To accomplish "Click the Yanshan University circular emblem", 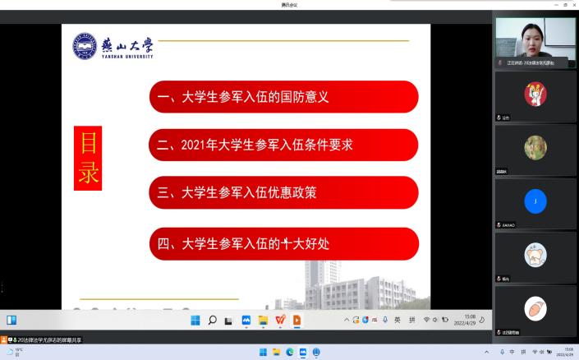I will [85, 47].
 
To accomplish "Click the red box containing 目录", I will [88, 158].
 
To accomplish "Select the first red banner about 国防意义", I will [283, 97].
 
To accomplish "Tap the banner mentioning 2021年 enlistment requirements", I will [283, 145].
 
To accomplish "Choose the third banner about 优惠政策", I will [283, 193].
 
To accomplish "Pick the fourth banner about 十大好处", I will [283, 243].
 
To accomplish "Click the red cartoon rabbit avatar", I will [535, 94].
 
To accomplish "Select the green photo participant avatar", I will [535, 147].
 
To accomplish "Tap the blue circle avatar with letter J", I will [535, 201].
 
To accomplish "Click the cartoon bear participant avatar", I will [535, 254].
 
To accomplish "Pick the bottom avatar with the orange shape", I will [535, 308].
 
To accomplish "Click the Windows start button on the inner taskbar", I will [195, 321].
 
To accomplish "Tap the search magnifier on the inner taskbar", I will [212, 321].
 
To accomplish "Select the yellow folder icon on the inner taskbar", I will [264, 321].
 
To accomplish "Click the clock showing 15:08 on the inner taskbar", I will [470, 321].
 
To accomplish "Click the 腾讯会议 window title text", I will [289, 5].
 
